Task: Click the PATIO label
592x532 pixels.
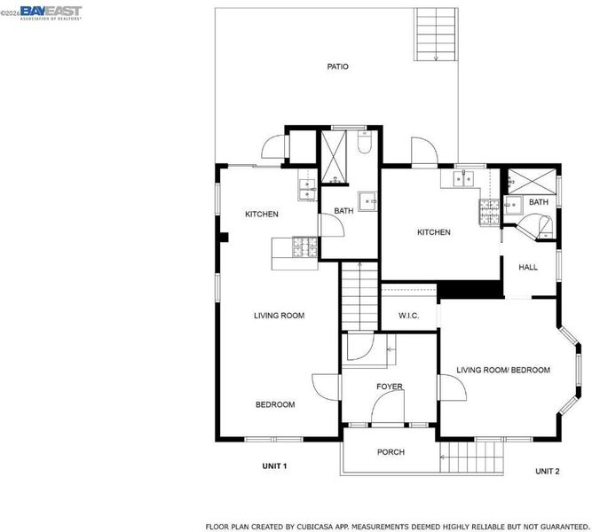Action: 337,66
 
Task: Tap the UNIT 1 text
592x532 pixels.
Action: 274,466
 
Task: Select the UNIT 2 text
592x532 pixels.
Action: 548,471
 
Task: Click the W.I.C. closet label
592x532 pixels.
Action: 409,316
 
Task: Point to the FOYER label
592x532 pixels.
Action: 390,387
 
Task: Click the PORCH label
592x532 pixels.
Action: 391,452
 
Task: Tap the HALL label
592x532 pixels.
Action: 528,268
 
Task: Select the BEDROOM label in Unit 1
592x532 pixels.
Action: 275,405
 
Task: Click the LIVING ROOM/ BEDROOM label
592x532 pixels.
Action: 503,370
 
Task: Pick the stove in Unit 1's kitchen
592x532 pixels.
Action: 305,247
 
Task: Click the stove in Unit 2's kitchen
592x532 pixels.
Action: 489,213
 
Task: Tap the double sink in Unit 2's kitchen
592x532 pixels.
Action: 463,179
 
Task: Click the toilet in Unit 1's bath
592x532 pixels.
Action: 364,143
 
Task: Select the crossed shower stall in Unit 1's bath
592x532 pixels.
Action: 334,157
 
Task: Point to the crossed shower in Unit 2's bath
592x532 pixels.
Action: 532,182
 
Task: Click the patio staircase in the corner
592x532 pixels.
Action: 437,35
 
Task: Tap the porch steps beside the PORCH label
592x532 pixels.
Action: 471,457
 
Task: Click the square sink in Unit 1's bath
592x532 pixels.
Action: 367,201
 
